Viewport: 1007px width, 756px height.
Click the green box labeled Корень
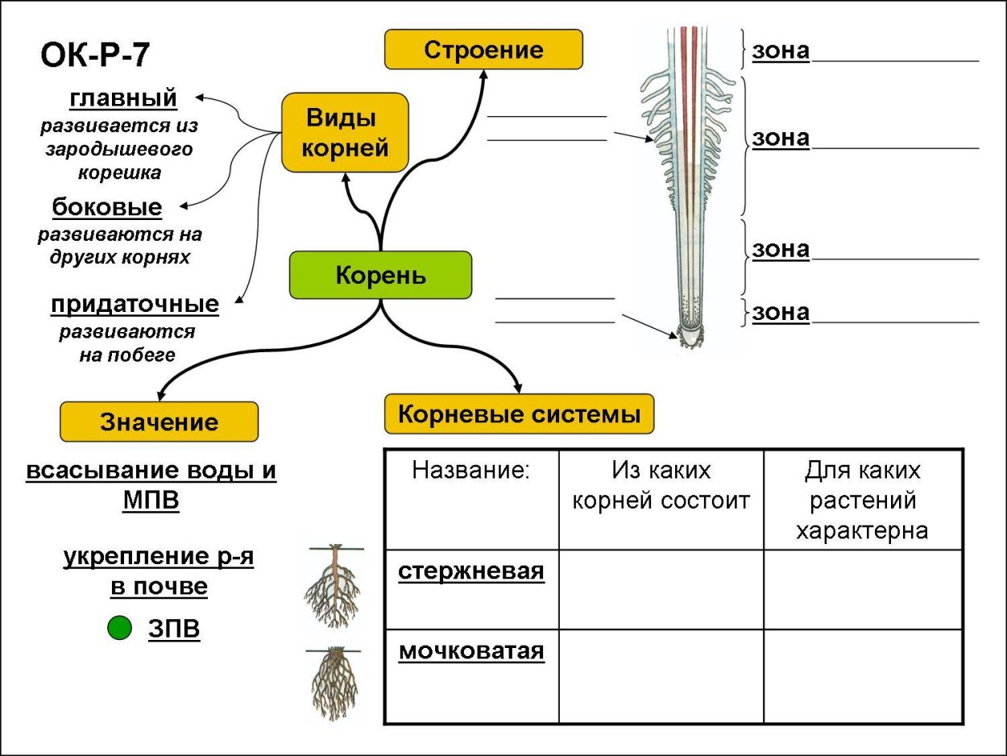click(x=380, y=275)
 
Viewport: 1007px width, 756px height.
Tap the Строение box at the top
click(x=483, y=50)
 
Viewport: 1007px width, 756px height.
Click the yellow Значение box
click(x=159, y=422)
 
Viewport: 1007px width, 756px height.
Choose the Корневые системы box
click(x=519, y=414)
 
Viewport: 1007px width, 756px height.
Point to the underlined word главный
click(x=123, y=98)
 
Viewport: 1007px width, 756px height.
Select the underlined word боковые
click(x=107, y=208)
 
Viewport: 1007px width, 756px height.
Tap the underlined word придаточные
click(x=135, y=305)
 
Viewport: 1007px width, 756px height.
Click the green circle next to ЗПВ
click(x=119, y=628)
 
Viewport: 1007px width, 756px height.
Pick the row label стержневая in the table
click(x=471, y=571)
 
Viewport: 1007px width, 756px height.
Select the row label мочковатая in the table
click(x=471, y=650)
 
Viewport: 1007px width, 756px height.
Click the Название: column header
click(x=471, y=471)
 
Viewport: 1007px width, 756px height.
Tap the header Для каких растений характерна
click(x=862, y=500)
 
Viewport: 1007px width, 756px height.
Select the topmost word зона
click(x=781, y=51)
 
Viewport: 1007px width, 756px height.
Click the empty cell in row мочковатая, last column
click(x=862, y=676)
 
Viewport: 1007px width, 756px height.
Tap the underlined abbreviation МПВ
click(x=151, y=501)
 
